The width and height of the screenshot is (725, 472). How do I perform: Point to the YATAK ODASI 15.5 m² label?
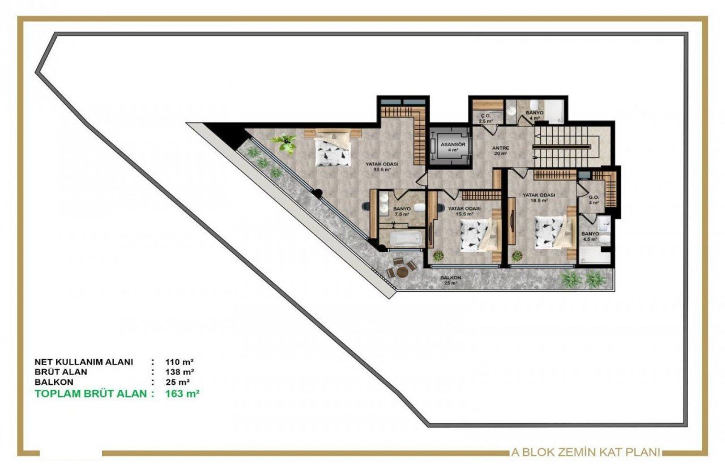point(464,211)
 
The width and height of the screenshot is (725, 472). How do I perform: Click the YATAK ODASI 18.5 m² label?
point(539,197)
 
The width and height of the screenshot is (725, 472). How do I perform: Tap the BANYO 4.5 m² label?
point(590,236)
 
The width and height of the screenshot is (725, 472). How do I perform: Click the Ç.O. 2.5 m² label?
point(484,118)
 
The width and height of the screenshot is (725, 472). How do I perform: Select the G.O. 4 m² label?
point(593,200)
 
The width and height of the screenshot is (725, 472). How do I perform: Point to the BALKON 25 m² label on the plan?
point(451,280)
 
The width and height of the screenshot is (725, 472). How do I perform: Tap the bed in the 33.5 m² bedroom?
point(332,150)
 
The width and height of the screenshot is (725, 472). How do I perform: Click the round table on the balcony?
point(402,271)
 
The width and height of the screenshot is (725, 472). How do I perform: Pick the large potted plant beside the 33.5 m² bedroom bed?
point(286,143)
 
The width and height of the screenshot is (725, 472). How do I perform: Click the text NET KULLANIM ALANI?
point(83,362)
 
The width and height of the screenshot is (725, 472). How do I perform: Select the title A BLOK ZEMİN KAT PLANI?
point(586,452)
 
